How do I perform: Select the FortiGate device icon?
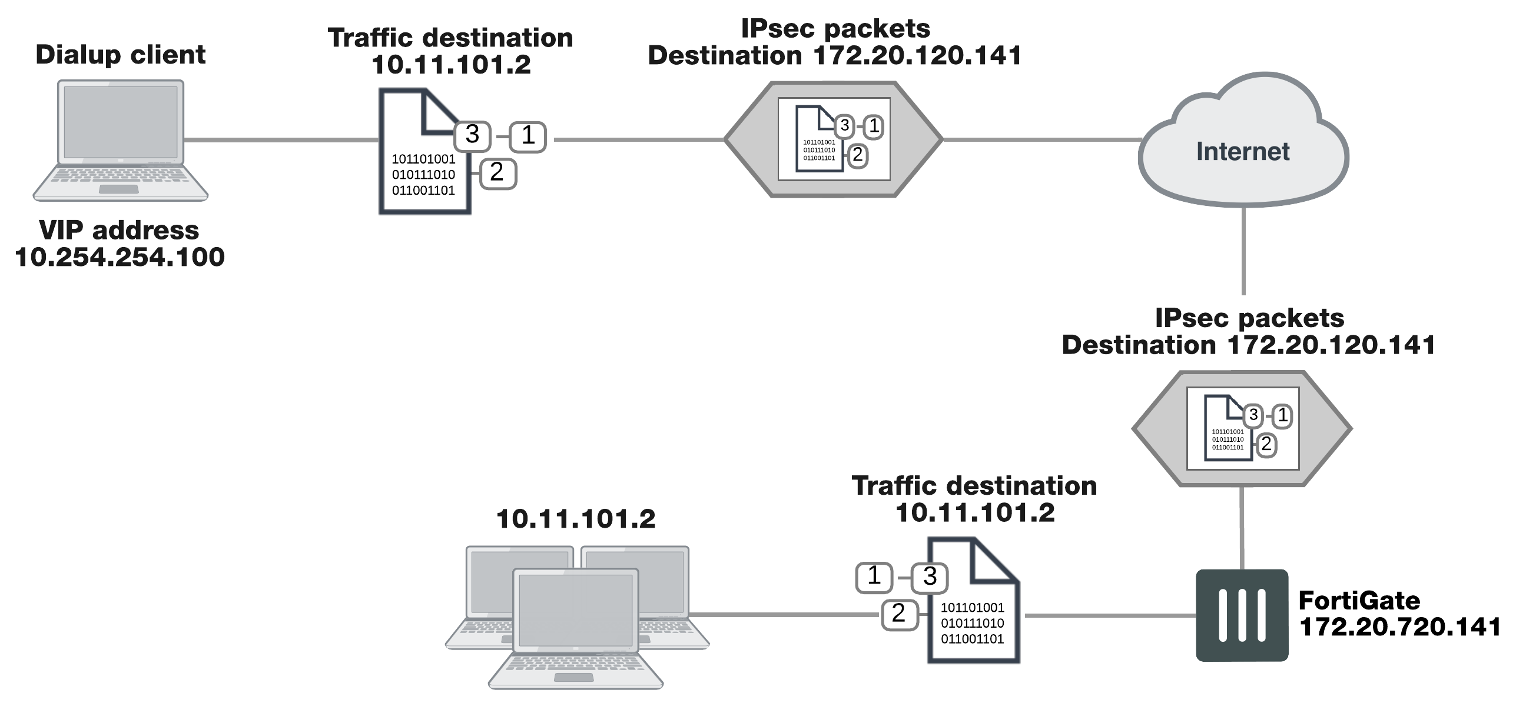click(1242, 615)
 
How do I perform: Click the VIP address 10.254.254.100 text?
click(120, 244)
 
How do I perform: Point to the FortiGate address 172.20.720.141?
click(1399, 627)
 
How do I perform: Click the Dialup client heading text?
click(120, 55)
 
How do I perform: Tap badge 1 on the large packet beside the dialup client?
click(528, 136)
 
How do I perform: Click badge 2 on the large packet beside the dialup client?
click(497, 173)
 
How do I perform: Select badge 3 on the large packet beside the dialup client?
click(472, 135)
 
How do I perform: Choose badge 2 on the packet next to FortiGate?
click(899, 614)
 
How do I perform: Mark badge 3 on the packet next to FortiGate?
click(930, 577)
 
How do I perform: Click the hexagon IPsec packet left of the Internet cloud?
click(833, 139)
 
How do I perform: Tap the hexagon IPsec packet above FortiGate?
click(1242, 428)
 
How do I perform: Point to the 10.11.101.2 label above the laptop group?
click(575, 519)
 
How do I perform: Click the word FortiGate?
click(1359, 601)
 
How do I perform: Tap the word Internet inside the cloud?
click(1242, 152)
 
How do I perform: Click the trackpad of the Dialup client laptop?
click(119, 189)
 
